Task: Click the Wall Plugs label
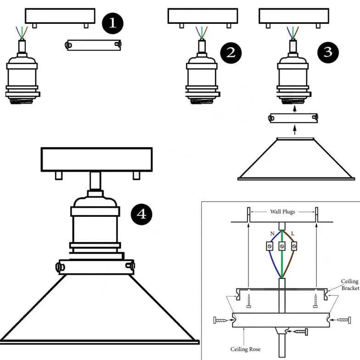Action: (282, 212)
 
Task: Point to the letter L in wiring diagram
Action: (293, 234)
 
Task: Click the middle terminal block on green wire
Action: (282, 247)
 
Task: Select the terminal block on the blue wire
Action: (270, 247)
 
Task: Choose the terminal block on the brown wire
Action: (294, 247)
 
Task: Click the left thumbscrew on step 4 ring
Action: (59, 266)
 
